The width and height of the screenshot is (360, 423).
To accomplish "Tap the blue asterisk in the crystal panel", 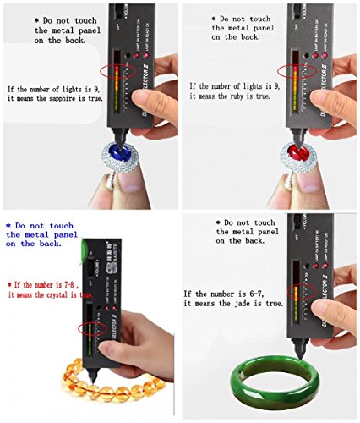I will click(x=8, y=225).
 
